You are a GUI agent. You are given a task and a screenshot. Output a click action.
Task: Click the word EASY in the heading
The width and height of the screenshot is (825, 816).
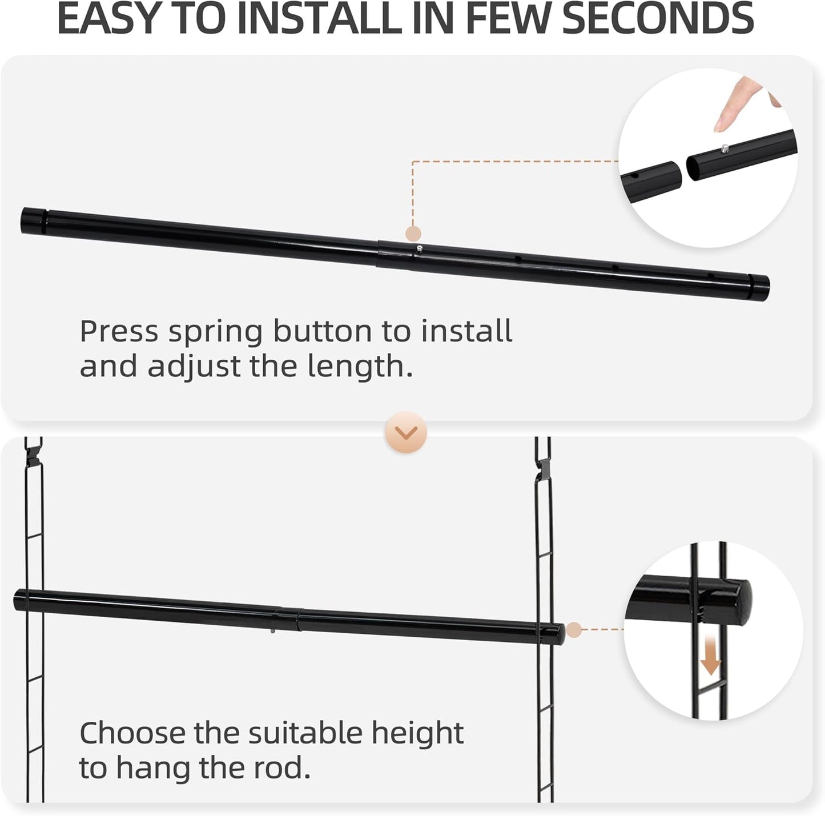108,18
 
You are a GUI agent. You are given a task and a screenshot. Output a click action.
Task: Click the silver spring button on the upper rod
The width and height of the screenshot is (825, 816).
420,248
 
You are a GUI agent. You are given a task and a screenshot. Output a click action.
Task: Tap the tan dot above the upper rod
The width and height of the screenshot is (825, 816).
413,234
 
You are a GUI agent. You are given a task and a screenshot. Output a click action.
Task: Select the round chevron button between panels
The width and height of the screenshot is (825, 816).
406,432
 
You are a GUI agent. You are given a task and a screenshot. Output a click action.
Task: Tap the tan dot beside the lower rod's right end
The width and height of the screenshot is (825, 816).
574,630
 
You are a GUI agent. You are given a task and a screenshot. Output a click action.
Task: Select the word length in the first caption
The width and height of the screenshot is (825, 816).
355,367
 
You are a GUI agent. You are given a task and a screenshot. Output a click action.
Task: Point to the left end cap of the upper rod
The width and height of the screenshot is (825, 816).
33,220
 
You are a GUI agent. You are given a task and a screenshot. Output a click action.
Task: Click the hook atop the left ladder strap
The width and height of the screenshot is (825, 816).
34,451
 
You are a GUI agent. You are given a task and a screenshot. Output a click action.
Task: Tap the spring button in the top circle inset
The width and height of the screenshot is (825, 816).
725,148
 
